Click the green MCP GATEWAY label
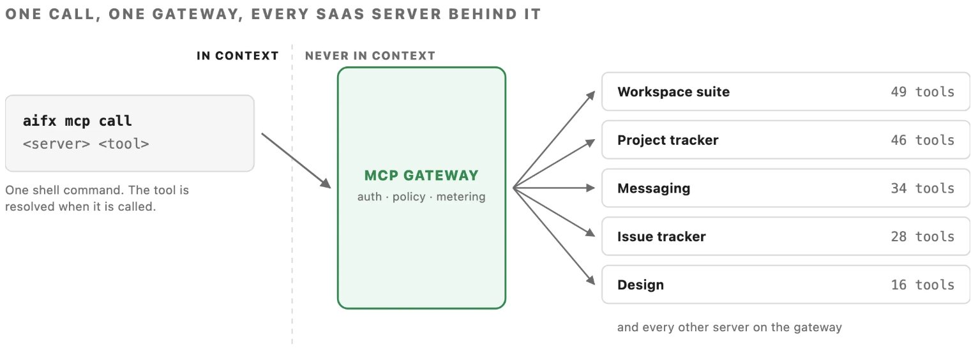click(x=421, y=176)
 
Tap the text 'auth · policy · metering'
click(x=421, y=197)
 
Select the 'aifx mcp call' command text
click(x=77, y=121)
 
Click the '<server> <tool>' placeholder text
click(x=86, y=144)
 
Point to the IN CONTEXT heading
click(x=237, y=56)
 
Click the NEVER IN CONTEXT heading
click(x=370, y=56)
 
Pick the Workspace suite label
click(x=673, y=92)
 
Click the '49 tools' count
click(x=922, y=92)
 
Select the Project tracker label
click(x=668, y=140)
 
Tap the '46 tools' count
click(x=922, y=140)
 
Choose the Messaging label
click(x=654, y=188)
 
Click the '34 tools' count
click(x=922, y=188)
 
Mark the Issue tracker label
click(x=661, y=237)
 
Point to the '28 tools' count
click(x=922, y=237)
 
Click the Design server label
click(x=640, y=285)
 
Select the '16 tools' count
click(x=922, y=285)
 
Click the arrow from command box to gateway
click(x=296, y=161)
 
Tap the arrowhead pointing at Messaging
click(x=591, y=188)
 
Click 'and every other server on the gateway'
click(x=729, y=327)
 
